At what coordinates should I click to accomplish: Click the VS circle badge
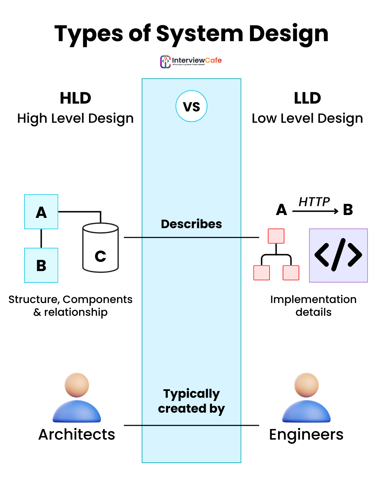click(x=191, y=106)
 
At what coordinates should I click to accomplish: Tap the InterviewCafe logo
click(x=191, y=61)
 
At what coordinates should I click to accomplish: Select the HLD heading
click(x=76, y=98)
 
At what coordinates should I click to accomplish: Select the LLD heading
click(x=307, y=98)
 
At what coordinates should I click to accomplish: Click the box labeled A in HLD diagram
click(x=41, y=212)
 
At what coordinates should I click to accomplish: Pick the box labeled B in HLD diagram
click(x=41, y=265)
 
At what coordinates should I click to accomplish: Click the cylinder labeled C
click(x=100, y=248)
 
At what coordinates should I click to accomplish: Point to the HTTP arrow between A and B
click(x=315, y=211)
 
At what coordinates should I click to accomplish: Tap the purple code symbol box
click(x=338, y=255)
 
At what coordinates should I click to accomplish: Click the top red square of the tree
click(x=276, y=236)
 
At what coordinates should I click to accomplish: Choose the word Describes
click(x=191, y=224)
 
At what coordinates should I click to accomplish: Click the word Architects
click(x=77, y=435)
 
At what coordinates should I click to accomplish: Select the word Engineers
click(x=306, y=435)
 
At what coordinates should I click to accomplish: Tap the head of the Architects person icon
click(x=77, y=385)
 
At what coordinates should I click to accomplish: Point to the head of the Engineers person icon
click(x=306, y=385)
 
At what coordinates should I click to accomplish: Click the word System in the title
click(x=199, y=34)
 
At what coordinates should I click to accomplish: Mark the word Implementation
click(x=313, y=299)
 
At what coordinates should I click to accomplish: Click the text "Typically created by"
click(x=191, y=401)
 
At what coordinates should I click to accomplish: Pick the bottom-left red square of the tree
click(x=262, y=272)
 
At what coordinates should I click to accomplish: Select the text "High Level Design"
click(x=76, y=119)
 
